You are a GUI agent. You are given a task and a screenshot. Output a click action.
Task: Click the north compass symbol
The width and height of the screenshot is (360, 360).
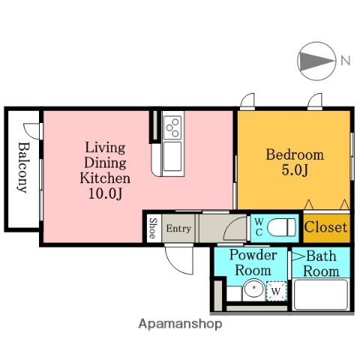[x=316, y=61]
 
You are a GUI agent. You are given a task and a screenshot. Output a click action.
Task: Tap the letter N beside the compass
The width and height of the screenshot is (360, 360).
[x=346, y=61]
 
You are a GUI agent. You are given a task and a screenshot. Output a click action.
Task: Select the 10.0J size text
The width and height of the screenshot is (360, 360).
[x=105, y=193]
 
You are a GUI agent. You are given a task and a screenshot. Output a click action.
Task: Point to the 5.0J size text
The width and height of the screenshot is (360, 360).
[x=295, y=170]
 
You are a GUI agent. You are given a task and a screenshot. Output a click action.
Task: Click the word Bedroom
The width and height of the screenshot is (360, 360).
[x=295, y=154]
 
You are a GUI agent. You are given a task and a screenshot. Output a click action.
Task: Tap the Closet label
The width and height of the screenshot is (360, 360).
[x=325, y=227]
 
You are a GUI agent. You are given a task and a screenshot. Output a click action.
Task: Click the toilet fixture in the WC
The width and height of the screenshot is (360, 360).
[x=282, y=227]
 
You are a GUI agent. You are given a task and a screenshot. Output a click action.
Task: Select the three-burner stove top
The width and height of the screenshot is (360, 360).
[x=172, y=127]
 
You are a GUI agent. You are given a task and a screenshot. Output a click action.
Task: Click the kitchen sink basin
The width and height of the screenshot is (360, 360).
[x=172, y=157]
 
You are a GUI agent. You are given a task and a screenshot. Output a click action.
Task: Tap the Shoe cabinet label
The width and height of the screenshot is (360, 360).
[x=153, y=228]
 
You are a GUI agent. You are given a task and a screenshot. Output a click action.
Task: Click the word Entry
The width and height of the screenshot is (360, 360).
[x=178, y=229]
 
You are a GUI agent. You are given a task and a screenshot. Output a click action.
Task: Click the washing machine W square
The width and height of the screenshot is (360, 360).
[x=276, y=291]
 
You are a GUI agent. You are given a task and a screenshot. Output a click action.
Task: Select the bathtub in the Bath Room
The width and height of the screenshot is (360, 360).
[x=321, y=295]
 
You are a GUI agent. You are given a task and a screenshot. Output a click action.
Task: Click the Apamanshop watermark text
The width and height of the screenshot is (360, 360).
[x=180, y=324]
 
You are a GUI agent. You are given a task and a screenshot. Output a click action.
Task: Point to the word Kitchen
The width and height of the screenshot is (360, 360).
[x=105, y=178]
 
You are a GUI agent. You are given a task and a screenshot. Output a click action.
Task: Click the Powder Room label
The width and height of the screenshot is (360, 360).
[x=253, y=262]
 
